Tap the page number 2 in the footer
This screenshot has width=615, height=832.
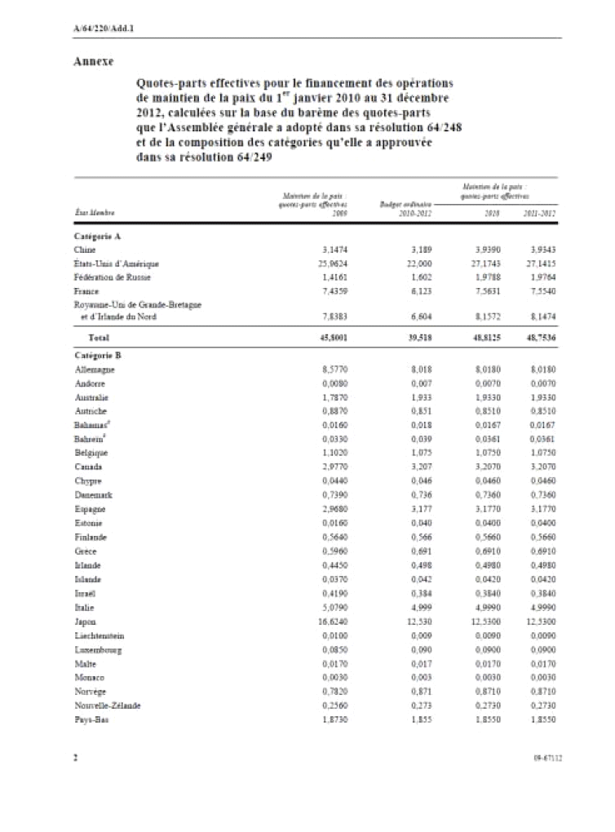(75, 757)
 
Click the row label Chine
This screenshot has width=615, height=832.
(84, 250)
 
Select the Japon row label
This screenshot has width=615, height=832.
(85, 622)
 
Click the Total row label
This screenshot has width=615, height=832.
(100, 336)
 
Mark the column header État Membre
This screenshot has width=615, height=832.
(95, 214)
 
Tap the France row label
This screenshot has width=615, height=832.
(86, 291)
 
